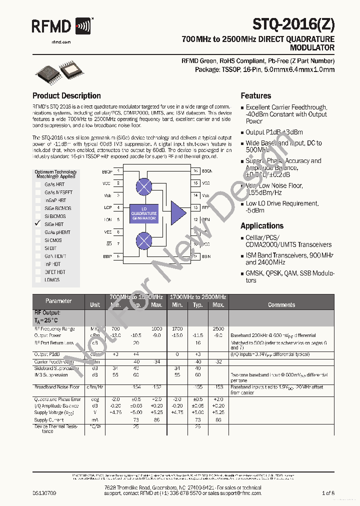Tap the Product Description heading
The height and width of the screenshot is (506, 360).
click(66, 95)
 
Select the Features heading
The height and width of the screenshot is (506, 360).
click(256, 95)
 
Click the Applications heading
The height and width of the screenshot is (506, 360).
click(262, 225)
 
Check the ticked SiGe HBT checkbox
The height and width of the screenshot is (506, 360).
click(37, 224)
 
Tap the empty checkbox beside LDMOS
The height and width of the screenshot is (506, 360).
click(38, 280)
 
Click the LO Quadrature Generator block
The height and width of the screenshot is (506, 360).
click(144, 213)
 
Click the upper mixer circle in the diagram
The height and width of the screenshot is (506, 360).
click(144, 186)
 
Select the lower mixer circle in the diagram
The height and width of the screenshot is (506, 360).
click(144, 241)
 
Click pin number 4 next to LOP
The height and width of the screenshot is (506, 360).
click(118, 207)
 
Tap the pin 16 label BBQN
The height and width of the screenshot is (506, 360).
click(207, 171)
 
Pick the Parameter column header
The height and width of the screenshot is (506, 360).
click(58, 301)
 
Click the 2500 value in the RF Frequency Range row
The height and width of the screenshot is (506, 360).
click(218, 329)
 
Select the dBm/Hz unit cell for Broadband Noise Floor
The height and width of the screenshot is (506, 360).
click(94, 387)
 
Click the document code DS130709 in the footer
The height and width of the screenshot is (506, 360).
click(44, 493)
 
